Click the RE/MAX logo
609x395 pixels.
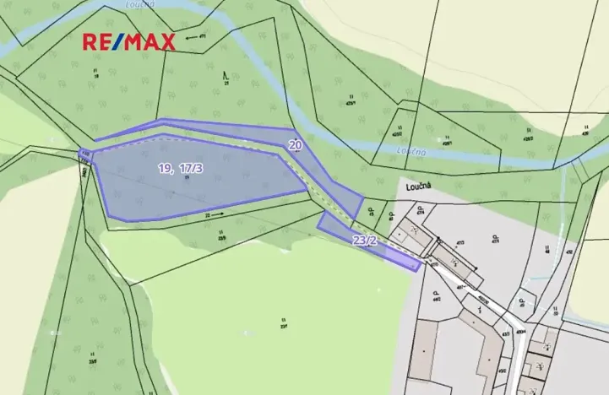pyautogui.click(x=128, y=41)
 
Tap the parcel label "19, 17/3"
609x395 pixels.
pyautogui.click(x=180, y=169)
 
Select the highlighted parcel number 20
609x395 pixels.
pyautogui.click(x=296, y=145)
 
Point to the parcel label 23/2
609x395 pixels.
pyautogui.click(x=365, y=241)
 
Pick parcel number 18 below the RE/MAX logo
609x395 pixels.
pyautogui.click(x=95, y=75)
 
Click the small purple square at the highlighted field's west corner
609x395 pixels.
pyautogui.click(x=84, y=153)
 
